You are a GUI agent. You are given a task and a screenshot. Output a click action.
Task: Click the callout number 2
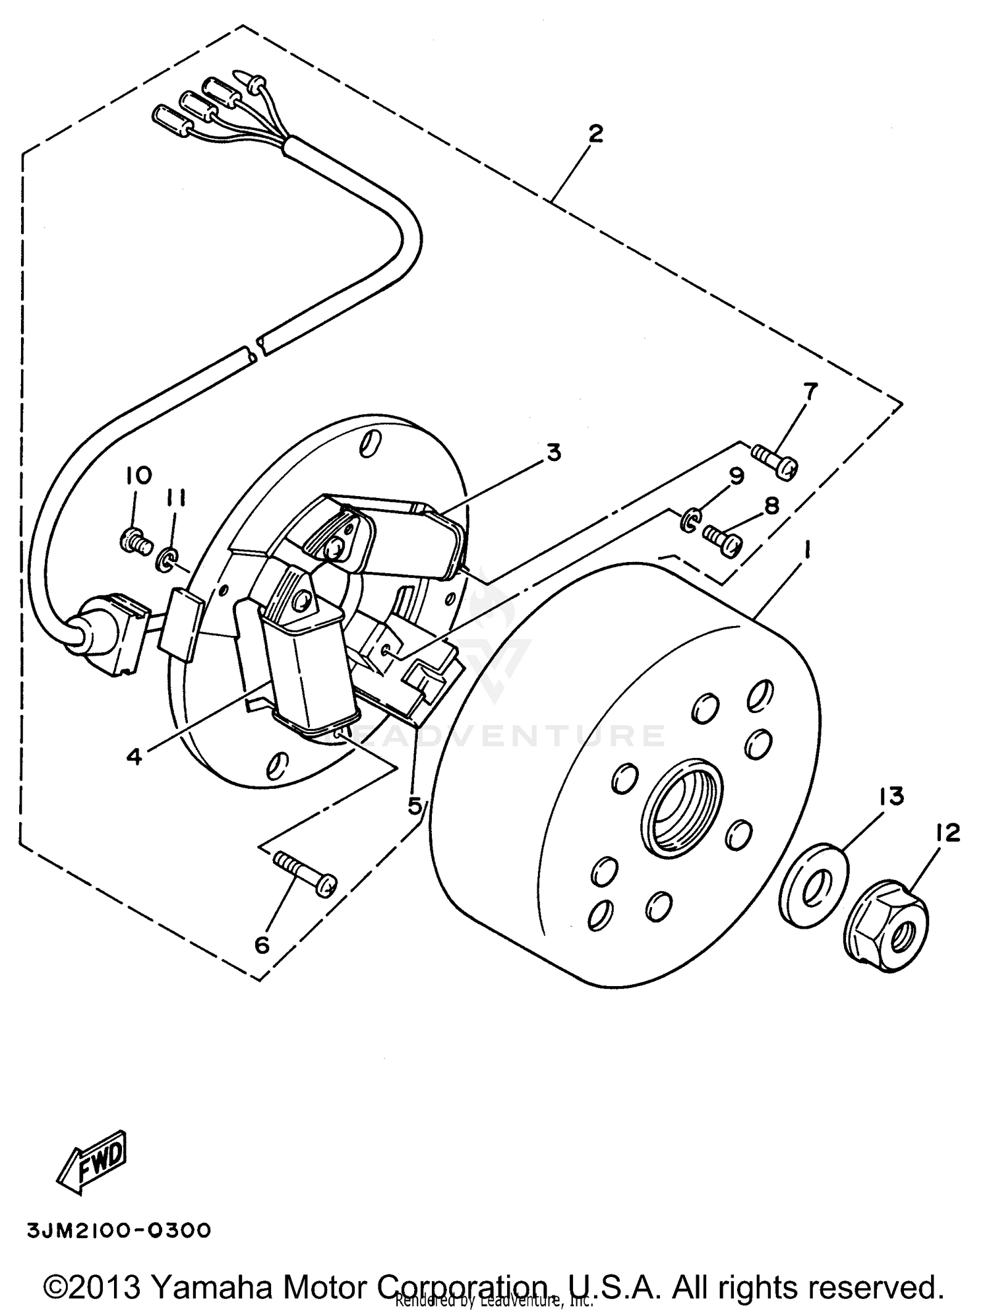click(x=595, y=135)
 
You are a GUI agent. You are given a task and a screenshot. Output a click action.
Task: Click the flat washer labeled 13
click(x=815, y=882)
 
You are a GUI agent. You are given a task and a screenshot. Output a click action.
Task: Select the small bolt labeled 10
click(x=135, y=541)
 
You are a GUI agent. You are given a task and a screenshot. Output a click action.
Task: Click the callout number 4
click(x=134, y=757)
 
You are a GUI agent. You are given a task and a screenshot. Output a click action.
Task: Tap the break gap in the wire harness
click(x=258, y=348)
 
